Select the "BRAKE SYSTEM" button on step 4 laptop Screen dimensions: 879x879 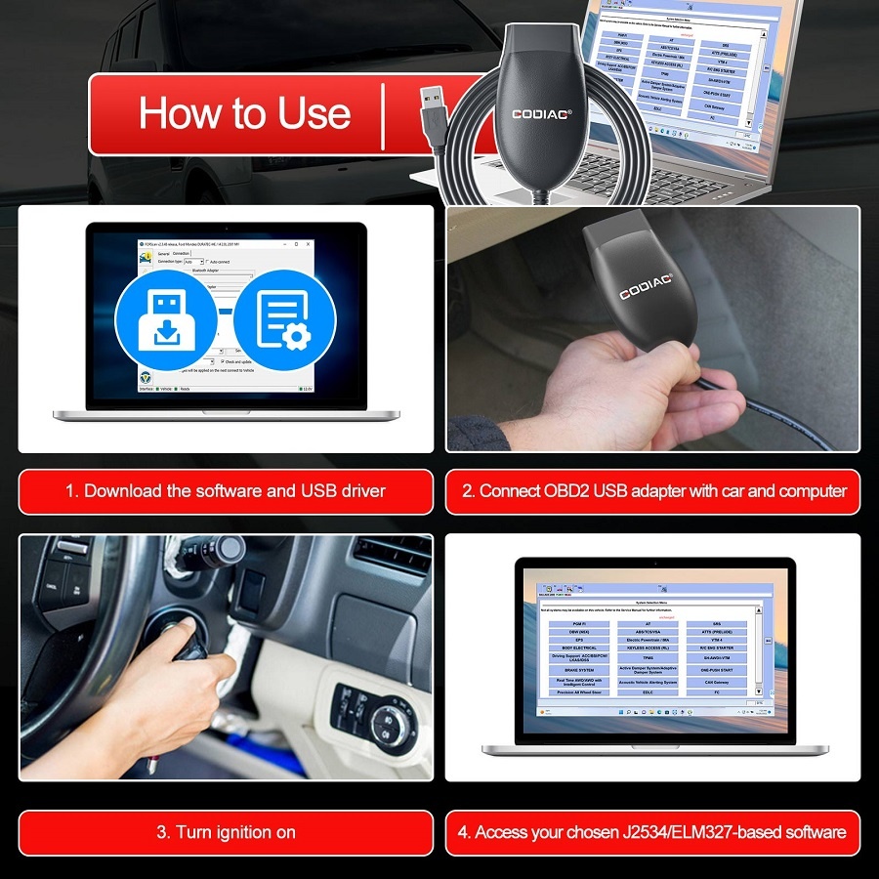579,671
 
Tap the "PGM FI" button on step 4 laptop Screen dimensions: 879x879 579,623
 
